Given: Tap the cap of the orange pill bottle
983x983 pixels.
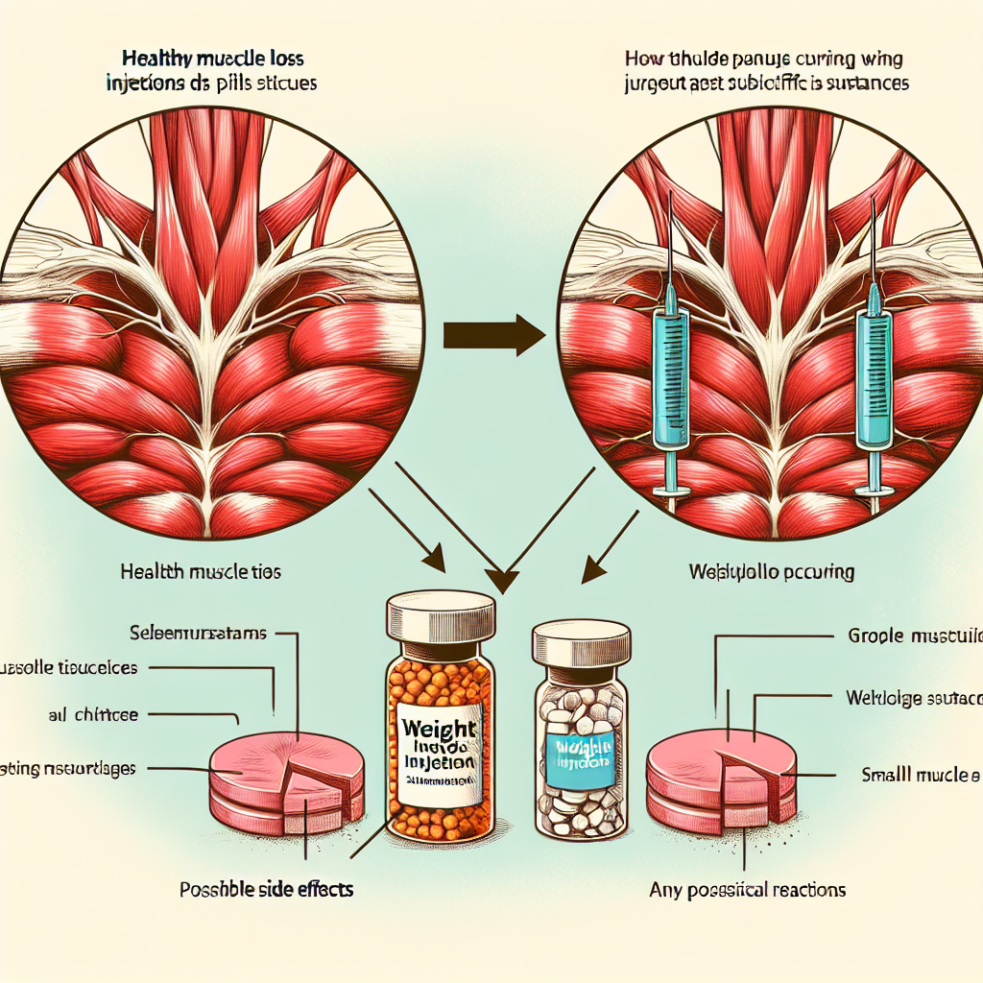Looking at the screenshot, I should pos(441,614).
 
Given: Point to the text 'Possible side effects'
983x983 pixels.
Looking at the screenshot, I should pos(267,889).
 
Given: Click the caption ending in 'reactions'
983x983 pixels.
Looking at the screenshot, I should pos(748,890).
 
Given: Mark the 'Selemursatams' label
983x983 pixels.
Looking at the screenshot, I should pos(200,634).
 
